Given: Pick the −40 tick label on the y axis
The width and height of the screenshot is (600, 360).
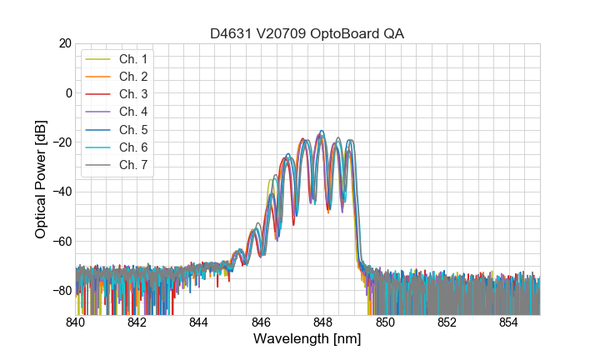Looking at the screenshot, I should (x=61, y=192).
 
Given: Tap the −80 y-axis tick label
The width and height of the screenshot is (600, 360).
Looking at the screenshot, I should (x=61, y=291).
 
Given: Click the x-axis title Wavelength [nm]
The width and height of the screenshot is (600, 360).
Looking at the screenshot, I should (x=307, y=340).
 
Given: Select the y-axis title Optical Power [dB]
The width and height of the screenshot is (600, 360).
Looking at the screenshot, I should (x=41, y=178).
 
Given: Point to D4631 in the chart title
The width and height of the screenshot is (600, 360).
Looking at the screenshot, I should (x=231, y=33).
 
